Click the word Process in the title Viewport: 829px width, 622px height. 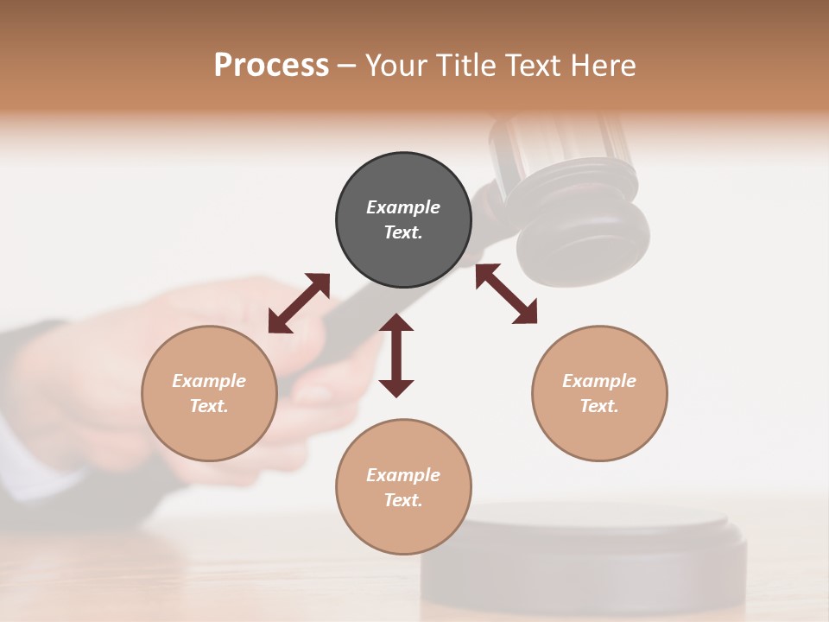click(x=271, y=66)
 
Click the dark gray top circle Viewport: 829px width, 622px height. click(x=403, y=220)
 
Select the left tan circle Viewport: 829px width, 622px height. click(x=209, y=393)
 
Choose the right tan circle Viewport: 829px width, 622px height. click(x=599, y=393)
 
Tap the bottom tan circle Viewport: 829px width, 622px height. click(x=403, y=487)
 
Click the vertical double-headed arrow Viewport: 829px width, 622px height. click(x=396, y=355)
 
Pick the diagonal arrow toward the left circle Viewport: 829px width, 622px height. click(x=299, y=303)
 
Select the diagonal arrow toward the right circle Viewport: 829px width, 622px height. click(x=506, y=294)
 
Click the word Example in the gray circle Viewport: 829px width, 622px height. click(x=403, y=207)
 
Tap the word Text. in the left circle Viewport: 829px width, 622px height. click(x=209, y=406)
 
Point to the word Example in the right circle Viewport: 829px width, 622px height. click(x=599, y=381)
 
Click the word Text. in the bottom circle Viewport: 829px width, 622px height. click(x=403, y=500)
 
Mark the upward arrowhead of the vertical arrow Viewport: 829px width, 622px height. click(x=396, y=322)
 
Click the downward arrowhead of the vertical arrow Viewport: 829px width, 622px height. click(x=396, y=388)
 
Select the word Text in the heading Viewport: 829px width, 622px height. click(x=533, y=66)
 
